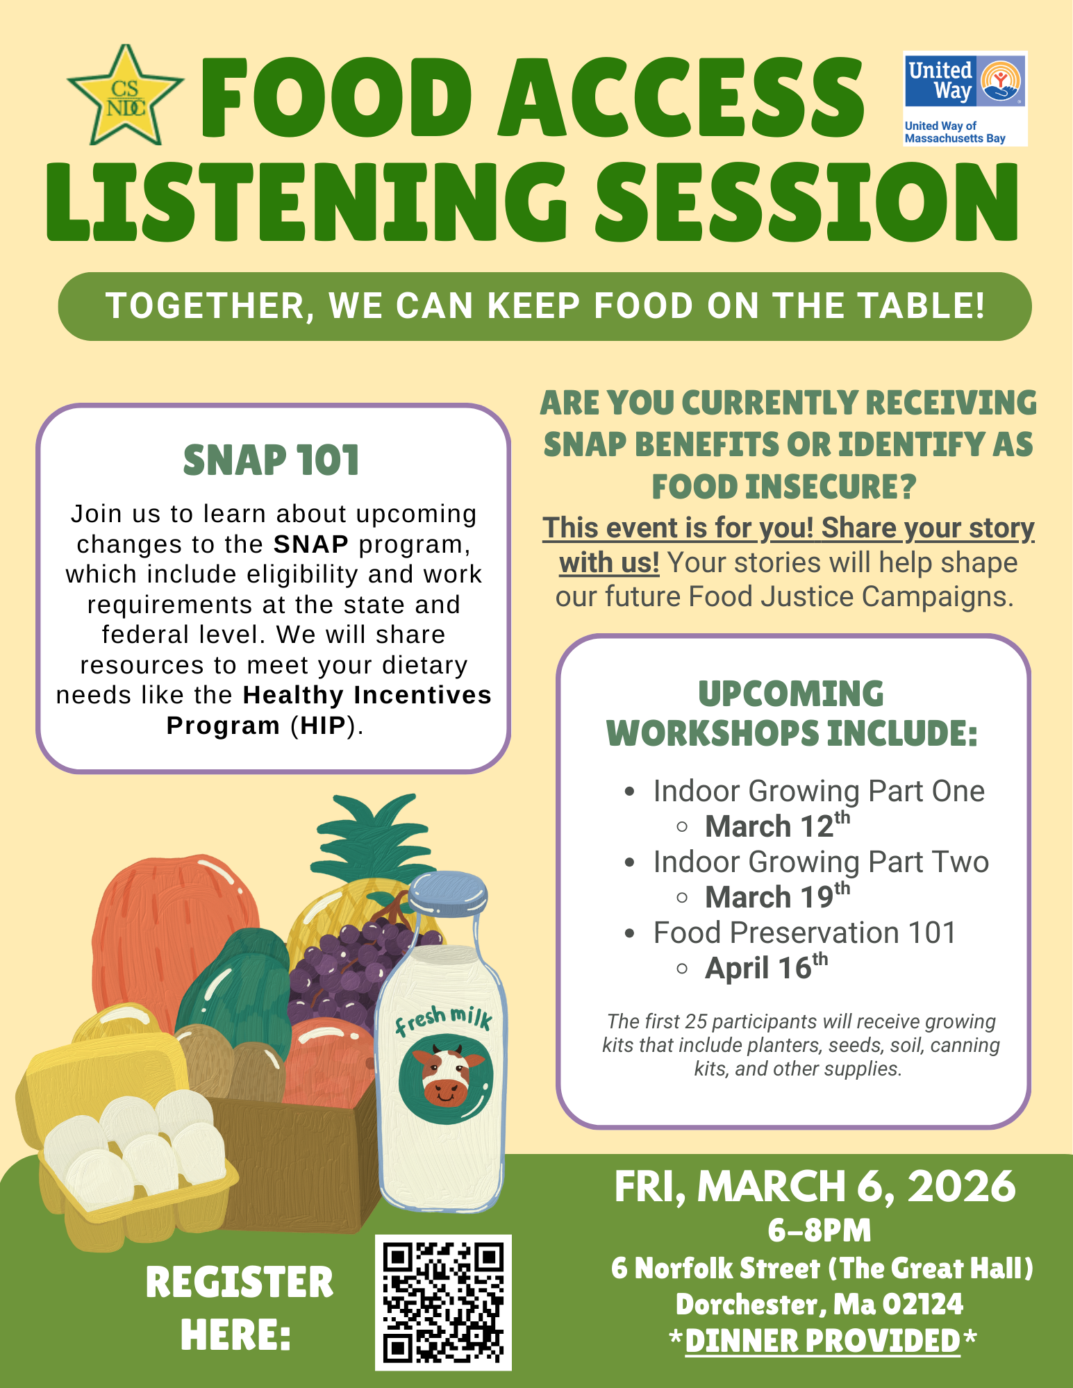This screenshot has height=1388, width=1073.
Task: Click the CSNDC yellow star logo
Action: click(126, 96)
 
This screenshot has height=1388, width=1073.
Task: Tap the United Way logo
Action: click(965, 99)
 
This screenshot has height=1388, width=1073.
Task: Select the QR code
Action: click(443, 1303)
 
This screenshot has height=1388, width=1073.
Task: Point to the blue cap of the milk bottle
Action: click(448, 892)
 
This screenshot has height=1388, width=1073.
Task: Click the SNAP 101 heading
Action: click(272, 460)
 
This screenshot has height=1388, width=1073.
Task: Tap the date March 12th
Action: click(777, 826)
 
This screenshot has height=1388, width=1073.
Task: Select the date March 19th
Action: click(777, 896)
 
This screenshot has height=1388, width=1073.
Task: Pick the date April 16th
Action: click(766, 967)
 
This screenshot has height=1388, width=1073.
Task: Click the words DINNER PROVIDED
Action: click(822, 1341)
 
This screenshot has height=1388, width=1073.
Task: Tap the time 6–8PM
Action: click(820, 1230)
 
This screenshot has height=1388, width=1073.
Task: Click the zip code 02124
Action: click(922, 1304)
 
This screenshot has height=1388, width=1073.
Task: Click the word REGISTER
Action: click(240, 1282)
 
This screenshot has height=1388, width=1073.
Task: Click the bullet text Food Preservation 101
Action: click(804, 933)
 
